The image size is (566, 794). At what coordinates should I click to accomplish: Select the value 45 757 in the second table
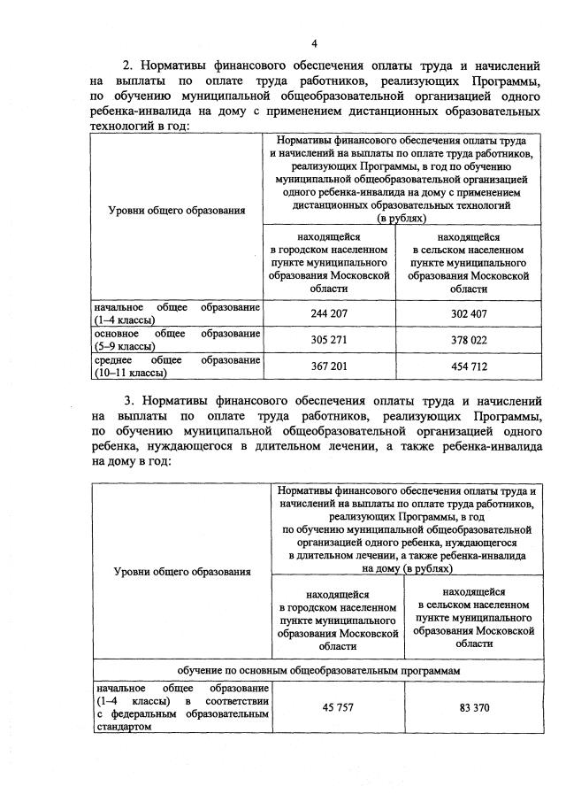pyautogui.click(x=336, y=707)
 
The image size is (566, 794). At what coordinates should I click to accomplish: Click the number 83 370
pyautogui.click(x=473, y=707)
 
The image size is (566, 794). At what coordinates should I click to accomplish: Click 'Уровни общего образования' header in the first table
pyautogui.click(x=177, y=210)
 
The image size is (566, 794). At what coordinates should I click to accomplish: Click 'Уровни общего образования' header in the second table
pyautogui.click(x=182, y=571)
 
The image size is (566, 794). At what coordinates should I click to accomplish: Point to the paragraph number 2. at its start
pyautogui.click(x=127, y=65)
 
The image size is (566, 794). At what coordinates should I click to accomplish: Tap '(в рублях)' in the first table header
pyautogui.click(x=402, y=217)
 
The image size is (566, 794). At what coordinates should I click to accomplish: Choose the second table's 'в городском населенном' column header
pyautogui.click(x=336, y=607)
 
